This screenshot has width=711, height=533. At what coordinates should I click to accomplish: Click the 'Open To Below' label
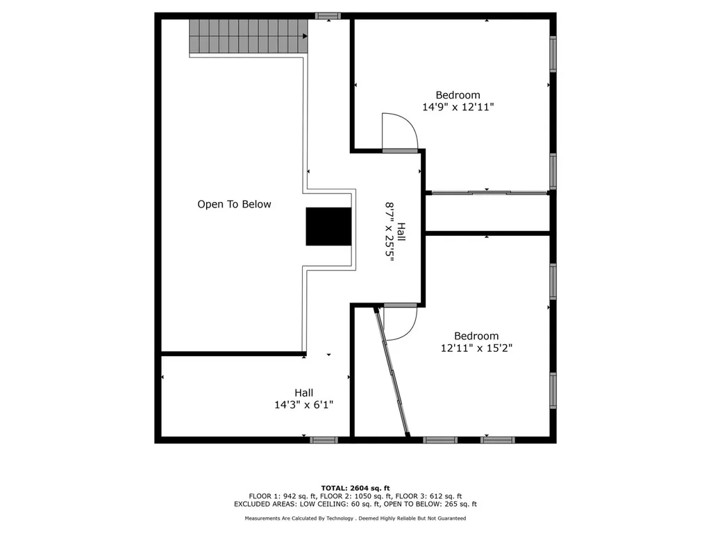tap(234, 204)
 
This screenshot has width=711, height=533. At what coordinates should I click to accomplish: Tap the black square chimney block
tap(328, 226)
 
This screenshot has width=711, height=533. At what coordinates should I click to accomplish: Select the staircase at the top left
tap(249, 36)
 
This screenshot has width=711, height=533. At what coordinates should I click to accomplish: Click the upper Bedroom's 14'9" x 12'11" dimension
tap(458, 108)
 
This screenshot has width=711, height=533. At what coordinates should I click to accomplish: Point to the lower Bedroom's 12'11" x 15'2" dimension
tap(476, 348)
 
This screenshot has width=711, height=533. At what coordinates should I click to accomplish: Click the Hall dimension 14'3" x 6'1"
tap(303, 405)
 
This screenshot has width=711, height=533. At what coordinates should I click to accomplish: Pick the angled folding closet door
tap(392, 373)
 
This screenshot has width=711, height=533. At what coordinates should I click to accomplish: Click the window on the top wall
tap(328, 15)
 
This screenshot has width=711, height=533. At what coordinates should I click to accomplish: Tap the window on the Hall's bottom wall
tap(324, 439)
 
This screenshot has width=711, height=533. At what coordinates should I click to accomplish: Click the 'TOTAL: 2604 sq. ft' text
tap(355, 489)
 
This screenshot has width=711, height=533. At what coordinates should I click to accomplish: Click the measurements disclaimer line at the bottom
tap(355, 518)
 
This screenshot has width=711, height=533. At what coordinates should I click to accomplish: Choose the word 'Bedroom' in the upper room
tap(458, 95)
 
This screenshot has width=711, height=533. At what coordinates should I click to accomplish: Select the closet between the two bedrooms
tap(487, 213)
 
